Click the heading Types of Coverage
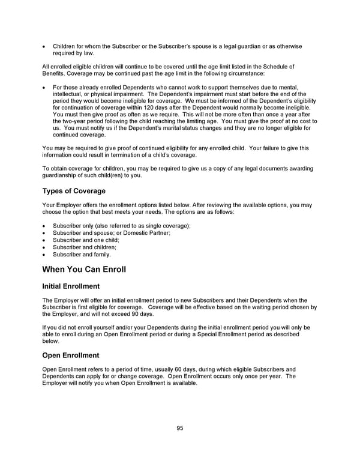pos(74,191)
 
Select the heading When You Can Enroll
pos(84,269)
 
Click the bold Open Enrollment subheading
pos(70,356)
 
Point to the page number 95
pos(180,428)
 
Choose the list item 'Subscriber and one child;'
pos(86,240)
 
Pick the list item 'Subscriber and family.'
pos(82,254)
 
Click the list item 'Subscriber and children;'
pos(85,247)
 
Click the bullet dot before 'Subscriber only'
pos(44,226)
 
